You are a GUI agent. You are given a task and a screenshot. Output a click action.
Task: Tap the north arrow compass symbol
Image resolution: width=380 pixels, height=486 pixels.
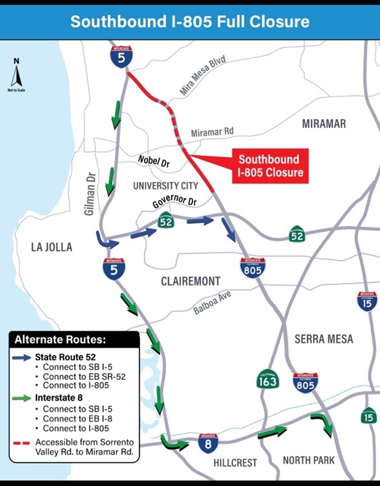tap(16, 74)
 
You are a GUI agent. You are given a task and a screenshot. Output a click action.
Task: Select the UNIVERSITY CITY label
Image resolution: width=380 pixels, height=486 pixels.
tap(166, 186)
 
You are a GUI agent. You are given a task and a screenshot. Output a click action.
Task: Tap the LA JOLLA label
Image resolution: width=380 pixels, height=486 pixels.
tap(52, 247)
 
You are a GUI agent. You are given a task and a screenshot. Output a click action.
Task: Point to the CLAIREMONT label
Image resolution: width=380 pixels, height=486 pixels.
tap(191, 281)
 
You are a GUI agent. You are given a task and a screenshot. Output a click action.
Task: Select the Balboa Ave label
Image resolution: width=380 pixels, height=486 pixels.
tap(212, 302)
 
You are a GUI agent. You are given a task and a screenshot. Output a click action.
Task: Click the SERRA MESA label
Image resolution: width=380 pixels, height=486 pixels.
tap(324, 339)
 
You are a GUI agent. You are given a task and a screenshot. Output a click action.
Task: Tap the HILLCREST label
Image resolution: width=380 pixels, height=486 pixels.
tap(236, 463)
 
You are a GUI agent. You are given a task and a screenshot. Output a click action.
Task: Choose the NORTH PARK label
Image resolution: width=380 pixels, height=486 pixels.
tap(308, 460)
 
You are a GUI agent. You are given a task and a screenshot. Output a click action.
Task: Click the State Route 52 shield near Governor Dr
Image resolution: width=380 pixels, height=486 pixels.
tap(166, 221)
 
